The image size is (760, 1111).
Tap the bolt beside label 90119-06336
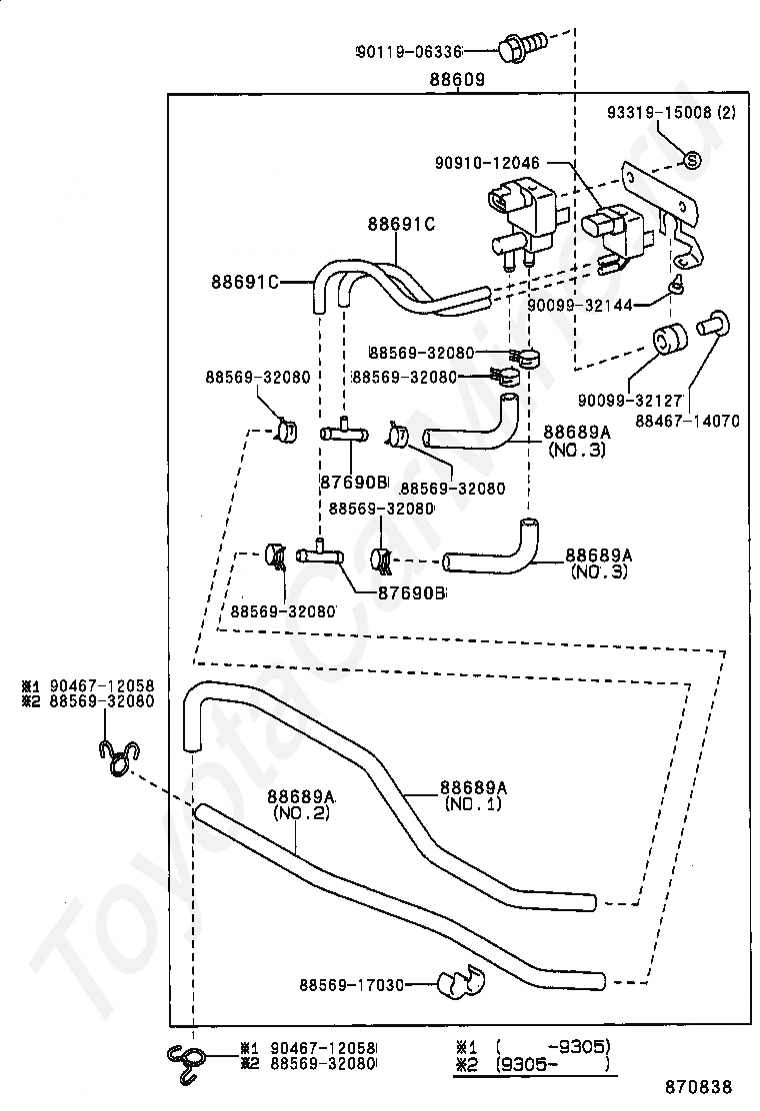point(524,44)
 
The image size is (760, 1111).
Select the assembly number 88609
point(457,79)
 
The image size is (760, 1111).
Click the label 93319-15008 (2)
point(671,113)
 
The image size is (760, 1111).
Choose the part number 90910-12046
point(488,162)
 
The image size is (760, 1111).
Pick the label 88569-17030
point(351,985)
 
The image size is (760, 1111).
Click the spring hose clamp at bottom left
point(187,1061)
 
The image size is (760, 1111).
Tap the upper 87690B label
point(353,482)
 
